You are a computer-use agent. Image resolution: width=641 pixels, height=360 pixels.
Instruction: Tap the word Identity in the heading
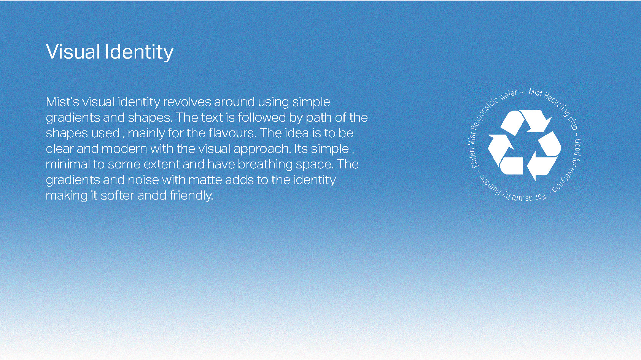(139, 53)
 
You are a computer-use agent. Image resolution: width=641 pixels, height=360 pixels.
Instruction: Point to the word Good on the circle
(578, 147)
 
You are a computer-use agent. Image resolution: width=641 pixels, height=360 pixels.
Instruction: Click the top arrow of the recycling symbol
(526, 122)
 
